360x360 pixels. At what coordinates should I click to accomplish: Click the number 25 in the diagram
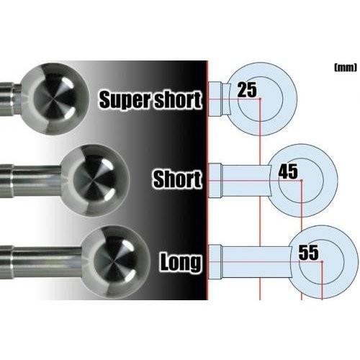coord(247,90)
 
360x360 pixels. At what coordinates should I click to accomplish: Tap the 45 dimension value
coord(288,171)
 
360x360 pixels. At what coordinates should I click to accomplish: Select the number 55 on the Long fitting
coord(309,253)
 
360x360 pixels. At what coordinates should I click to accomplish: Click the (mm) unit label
coord(346,68)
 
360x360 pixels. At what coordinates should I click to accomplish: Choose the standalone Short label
coord(177,179)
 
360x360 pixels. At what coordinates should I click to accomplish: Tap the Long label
coord(181,262)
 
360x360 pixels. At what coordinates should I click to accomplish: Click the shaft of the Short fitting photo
coord(31,181)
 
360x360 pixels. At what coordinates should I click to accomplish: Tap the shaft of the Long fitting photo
coord(41,262)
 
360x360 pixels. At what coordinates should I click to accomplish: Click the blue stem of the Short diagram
coord(246,181)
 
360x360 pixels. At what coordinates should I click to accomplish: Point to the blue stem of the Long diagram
coord(257,262)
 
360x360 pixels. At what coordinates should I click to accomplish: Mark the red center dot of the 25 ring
coord(260,99)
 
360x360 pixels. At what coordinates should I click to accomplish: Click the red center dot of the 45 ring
coord(301,180)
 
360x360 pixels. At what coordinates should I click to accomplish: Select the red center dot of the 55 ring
coord(322,261)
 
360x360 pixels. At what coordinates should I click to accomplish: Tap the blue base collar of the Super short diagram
coord(215,99)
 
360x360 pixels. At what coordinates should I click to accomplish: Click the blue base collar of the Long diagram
coord(215,262)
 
